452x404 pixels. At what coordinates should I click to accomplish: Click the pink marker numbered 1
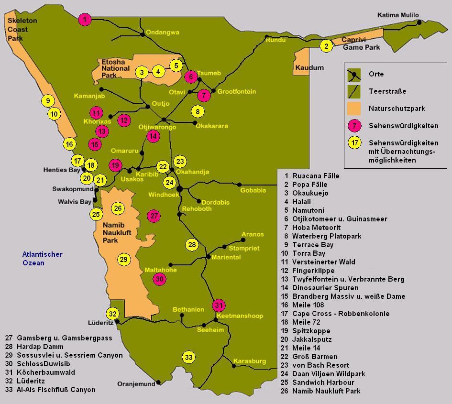pyautogui.click(x=85, y=20)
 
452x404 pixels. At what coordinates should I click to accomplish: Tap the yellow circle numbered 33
pyautogui.click(x=189, y=357)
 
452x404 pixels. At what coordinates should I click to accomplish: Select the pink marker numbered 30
pyautogui.click(x=160, y=279)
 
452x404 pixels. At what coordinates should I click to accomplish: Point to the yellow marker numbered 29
pyautogui.click(x=124, y=260)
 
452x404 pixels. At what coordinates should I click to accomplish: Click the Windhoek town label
pyautogui.click(x=163, y=195)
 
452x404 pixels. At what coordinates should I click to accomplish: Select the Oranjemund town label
pyautogui.click(x=136, y=383)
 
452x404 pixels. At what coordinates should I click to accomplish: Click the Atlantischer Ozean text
pyautogui.click(x=43, y=259)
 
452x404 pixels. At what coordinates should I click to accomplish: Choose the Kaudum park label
pyautogui.click(x=309, y=68)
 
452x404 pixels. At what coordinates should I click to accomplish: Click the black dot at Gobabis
pyautogui.click(x=240, y=185)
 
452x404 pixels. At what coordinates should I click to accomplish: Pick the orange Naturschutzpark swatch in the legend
pyautogui.click(x=354, y=108)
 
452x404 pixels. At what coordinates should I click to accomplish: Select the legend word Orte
pyautogui.click(x=376, y=74)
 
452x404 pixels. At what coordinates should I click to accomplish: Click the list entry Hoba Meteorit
pyautogui.click(x=316, y=228)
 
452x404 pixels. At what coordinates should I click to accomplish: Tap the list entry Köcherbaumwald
pyautogui.click(x=45, y=372)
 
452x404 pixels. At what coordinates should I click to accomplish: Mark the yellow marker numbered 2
pyautogui.click(x=326, y=46)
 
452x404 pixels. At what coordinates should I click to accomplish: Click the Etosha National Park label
pyautogui.click(x=115, y=68)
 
